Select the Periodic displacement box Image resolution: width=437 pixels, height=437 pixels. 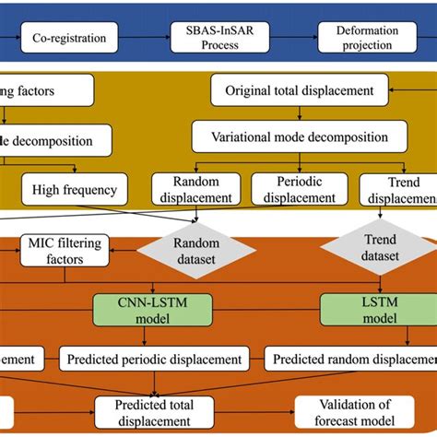tap(299, 190)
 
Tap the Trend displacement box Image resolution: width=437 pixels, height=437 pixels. tap(396, 190)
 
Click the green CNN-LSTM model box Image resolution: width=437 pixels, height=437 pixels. tap(153, 309)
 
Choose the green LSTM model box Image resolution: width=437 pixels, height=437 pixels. tap(363, 309)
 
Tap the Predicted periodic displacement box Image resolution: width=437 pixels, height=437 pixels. tap(154, 357)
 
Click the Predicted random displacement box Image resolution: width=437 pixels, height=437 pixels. tap(350, 357)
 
